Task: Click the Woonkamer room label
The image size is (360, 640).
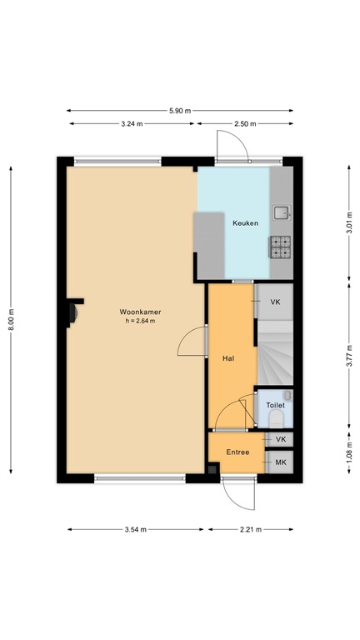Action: (x=138, y=312)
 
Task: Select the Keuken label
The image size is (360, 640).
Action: (x=245, y=223)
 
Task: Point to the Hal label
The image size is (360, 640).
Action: (x=227, y=357)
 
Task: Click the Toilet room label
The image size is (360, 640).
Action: (x=275, y=405)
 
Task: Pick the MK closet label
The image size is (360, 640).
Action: (x=280, y=462)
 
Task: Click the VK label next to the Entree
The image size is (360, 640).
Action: (x=280, y=439)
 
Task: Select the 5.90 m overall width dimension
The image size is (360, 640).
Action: (x=180, y=110)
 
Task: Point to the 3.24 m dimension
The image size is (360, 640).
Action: (x=132, y=123)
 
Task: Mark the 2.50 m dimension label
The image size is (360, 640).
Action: (x=245, y=123)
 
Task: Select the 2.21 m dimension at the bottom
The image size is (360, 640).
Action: (x=250, y=529)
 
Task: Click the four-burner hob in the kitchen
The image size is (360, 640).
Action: (x=281, y=245)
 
